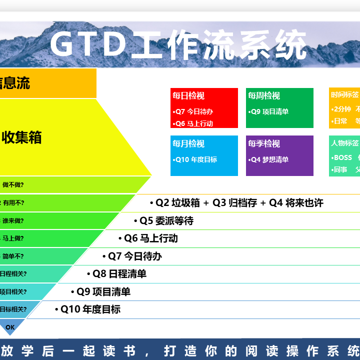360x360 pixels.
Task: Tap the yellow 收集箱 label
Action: click(21, 137)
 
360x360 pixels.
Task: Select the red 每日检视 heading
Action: click(188, 95)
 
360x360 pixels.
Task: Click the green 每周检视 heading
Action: click(263, 95)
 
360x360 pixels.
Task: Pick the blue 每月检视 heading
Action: click(188, 143)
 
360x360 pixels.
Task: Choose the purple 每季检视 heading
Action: click(263, 143)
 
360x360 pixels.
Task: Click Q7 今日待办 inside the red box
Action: click(193, 111)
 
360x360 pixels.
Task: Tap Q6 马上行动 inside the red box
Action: click(193, 123)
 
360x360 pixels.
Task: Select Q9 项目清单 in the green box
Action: click(269, 111)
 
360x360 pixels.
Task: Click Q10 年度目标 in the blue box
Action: click(195, 159)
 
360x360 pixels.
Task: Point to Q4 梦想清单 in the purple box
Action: click(269, 159)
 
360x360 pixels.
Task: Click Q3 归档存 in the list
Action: click(234, 202)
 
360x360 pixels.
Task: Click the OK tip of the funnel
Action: click(10, 327)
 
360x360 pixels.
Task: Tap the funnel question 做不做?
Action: click(13, 184)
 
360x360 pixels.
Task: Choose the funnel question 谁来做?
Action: click(13, 220)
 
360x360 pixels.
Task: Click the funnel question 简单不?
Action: click(13, 256)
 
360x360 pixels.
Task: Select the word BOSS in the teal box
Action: click(343, 157)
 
